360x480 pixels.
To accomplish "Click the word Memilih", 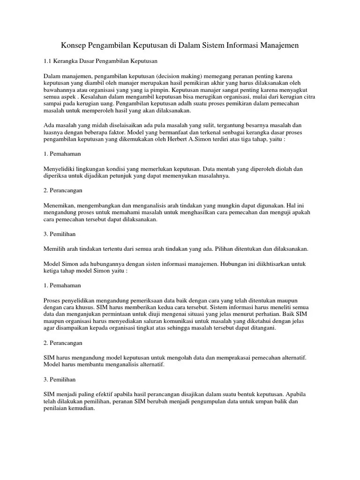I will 54,248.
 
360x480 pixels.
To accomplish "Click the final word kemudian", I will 81,408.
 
